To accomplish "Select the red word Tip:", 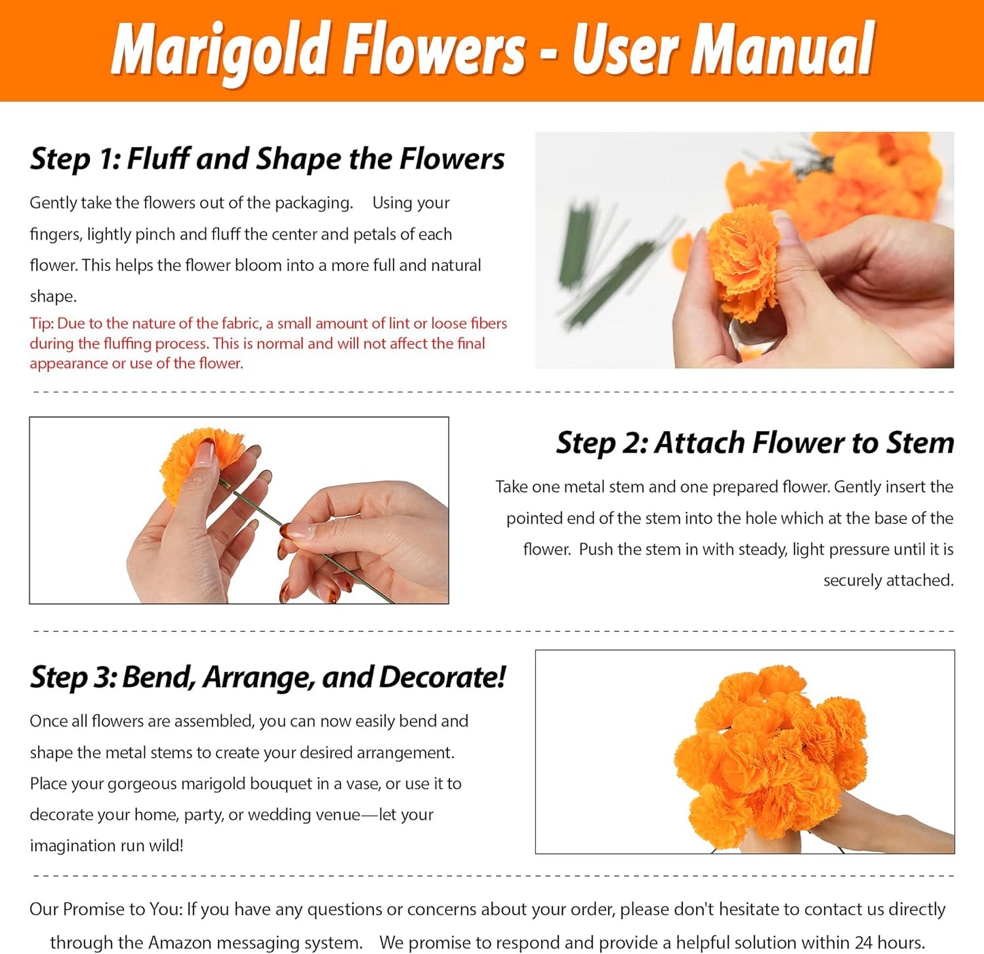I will pyautogui.click(x=42, y=323).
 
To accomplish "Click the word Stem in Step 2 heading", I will pyautogui.click(x=919, y=443).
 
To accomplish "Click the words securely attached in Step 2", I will pyautogui.click(x=888, y=580).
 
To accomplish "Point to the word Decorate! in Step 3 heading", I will pyautogui.click(x=442, y=678).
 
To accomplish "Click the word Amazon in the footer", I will pyautogui.click(x=179, y=943).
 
